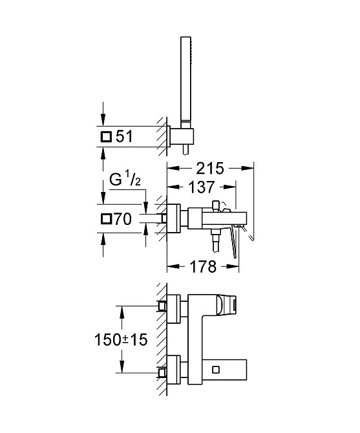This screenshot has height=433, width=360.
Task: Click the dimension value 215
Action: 210,169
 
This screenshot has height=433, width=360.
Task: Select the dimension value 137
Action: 201,187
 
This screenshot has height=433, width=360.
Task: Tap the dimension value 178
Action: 203,267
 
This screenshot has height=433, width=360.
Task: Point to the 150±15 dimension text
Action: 121,339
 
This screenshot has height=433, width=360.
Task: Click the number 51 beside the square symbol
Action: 124,137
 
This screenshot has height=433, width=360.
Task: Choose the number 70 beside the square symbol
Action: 123,219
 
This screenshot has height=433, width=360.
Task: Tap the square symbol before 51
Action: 106,137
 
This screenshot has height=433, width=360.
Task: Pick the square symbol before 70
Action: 106,219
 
